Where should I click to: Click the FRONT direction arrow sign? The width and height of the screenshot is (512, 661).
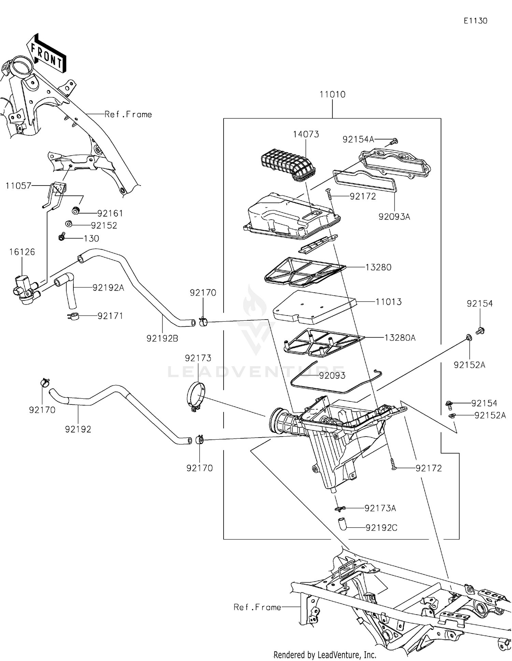click(x=47, y=54)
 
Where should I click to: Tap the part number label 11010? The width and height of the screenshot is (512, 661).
click(x=332, y=94)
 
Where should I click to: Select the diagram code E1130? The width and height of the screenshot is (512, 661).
click(x=475, y=21)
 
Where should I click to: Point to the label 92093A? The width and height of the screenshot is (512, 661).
click(x=394, y=217)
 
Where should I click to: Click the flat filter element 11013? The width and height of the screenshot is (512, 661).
click(x=314, y=307)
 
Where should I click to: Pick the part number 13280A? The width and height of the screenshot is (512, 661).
click(x=400, y=338)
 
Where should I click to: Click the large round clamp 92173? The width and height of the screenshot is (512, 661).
click(x=196, y=397)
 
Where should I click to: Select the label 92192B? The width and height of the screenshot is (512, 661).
click(x=162, y=338)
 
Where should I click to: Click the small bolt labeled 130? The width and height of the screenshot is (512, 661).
click(x=62, y=236)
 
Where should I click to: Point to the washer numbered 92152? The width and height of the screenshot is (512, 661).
click(x=68, y=224)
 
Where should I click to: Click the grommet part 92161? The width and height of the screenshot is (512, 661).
click(x=76, y=210)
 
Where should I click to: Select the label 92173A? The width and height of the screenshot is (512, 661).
click(x=380, y=508)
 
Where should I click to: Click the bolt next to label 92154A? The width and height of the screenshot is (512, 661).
click(x=395, y=141)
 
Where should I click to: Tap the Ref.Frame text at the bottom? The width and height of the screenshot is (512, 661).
click(x=257, y=607)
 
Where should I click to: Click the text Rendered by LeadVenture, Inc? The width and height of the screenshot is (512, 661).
click(x=325, y=655)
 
